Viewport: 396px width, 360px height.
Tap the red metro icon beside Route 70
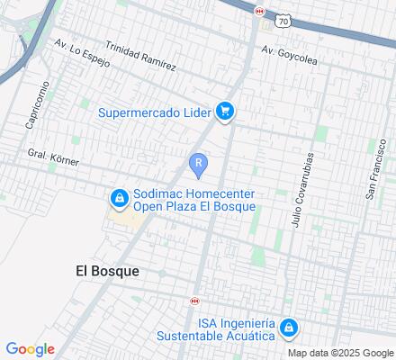pos(260,11)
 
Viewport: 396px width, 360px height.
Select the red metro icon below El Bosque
pos(193,301)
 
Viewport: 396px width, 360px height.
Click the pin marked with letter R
pos(198,164)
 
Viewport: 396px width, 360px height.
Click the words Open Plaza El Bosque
pos(194,206)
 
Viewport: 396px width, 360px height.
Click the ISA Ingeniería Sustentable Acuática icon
pos(288,328)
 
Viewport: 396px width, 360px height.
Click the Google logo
pos(30,349)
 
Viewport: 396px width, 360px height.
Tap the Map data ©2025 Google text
pos(341,352)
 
